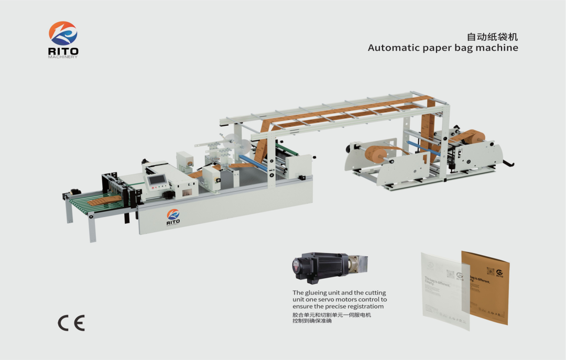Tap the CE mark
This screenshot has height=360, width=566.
(x=71, y=323)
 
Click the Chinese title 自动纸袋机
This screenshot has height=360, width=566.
(x=492, y=37)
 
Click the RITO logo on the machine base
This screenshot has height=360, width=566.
(x=173, y=216)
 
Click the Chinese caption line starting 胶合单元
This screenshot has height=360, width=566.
(x=331, y=314)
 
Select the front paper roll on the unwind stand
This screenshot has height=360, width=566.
(x=376, y=154)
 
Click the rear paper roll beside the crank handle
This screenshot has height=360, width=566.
(x=472, y=137)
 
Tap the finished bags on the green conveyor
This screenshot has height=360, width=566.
(x=102, y=201)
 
